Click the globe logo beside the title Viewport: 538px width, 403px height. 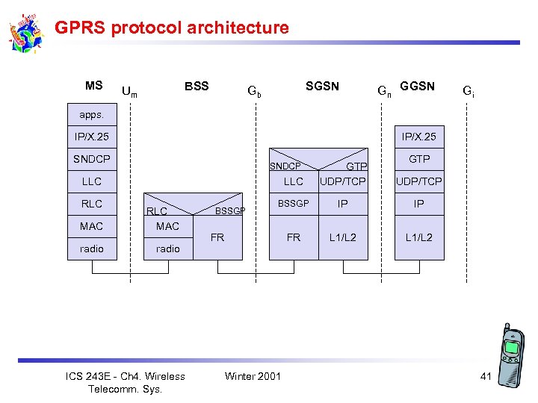[x=27, y=34]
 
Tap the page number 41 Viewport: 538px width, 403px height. [x=486, y=376]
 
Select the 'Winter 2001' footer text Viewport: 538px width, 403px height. [x=253, y=375]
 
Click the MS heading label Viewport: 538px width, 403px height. [x=94, y=85]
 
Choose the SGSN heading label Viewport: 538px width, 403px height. [x=322, y=86]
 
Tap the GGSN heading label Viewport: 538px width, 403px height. [x=417, y=86]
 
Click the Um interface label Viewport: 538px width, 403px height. [x=129, y=92]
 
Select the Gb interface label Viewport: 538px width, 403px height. [x=255, y=92]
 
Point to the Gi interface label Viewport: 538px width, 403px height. [x=468, y=92]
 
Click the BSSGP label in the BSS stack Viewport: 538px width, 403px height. [x=230, y=211]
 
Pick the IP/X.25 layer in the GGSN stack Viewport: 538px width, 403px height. [x=418, y=137]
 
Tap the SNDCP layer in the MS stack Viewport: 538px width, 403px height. [x=92, y=159]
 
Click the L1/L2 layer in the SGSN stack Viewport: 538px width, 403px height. [x=343, y=237]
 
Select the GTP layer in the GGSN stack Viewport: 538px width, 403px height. [x=418, y=159]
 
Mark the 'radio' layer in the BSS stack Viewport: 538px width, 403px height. [x=168, y=249]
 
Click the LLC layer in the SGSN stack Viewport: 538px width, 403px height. [x=294, y=181]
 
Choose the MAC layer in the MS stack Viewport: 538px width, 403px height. [x=92, y=226]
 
